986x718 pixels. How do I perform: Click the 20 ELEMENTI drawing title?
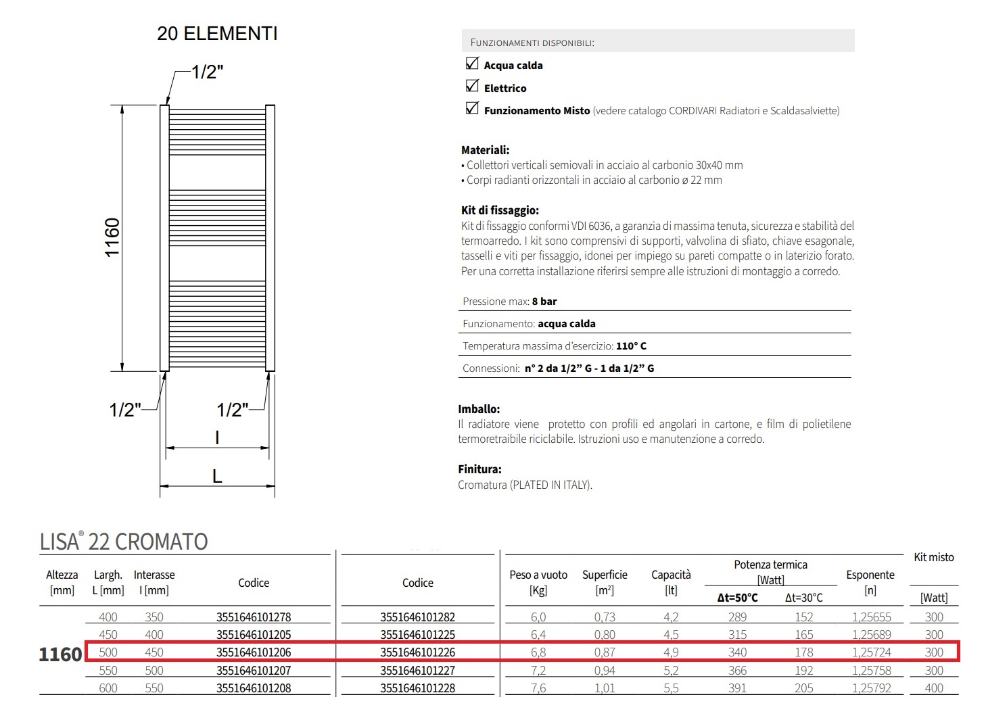click(x=217, y=33)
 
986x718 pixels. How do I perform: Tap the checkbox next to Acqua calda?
click(x=472, y=64)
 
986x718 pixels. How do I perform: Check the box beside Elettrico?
click(x=472, y=87)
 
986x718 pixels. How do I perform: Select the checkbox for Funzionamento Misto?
click(x=472, y=109)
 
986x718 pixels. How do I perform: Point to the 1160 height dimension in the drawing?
click(x=112, y=237)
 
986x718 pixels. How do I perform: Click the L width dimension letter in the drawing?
click(x=217, y=476)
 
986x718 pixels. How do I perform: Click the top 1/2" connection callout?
click(x=207, y=72)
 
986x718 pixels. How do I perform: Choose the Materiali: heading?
click(x=485, y=150)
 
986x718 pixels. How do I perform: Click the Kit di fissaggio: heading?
click(x=500, y=210)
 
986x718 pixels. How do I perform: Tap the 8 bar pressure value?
click(x=544, y=302)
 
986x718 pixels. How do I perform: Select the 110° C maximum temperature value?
click(x=631, y=346)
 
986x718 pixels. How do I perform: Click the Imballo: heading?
click(x=479, y=409)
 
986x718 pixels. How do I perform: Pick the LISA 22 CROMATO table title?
click(x=124, y=542)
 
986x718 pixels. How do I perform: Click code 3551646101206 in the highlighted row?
click(x=254, y=652)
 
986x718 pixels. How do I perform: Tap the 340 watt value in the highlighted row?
click(x=737, y=652)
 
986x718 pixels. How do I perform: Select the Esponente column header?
click(x=870, y=575)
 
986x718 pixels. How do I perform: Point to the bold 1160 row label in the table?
click(x=60, y=654)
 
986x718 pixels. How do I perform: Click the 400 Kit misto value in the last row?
click(x=934, y=688)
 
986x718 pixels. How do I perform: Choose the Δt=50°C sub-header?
click(x=737, y=598)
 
